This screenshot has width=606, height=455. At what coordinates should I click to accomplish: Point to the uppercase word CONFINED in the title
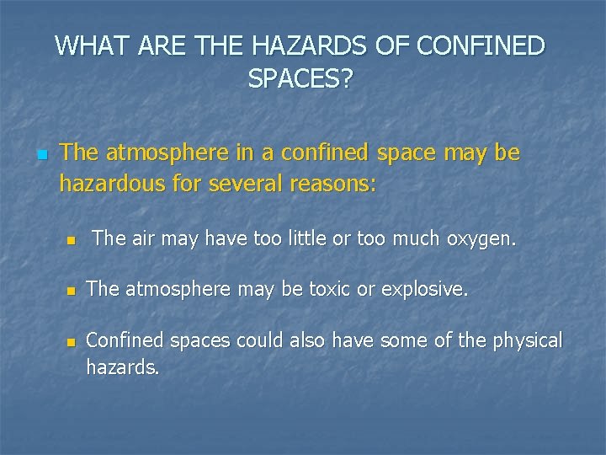click(x=481, y=45)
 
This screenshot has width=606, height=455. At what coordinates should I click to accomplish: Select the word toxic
click(x=332, y=290)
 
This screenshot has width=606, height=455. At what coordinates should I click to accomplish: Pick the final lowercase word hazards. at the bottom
click(x=122, y=367)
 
